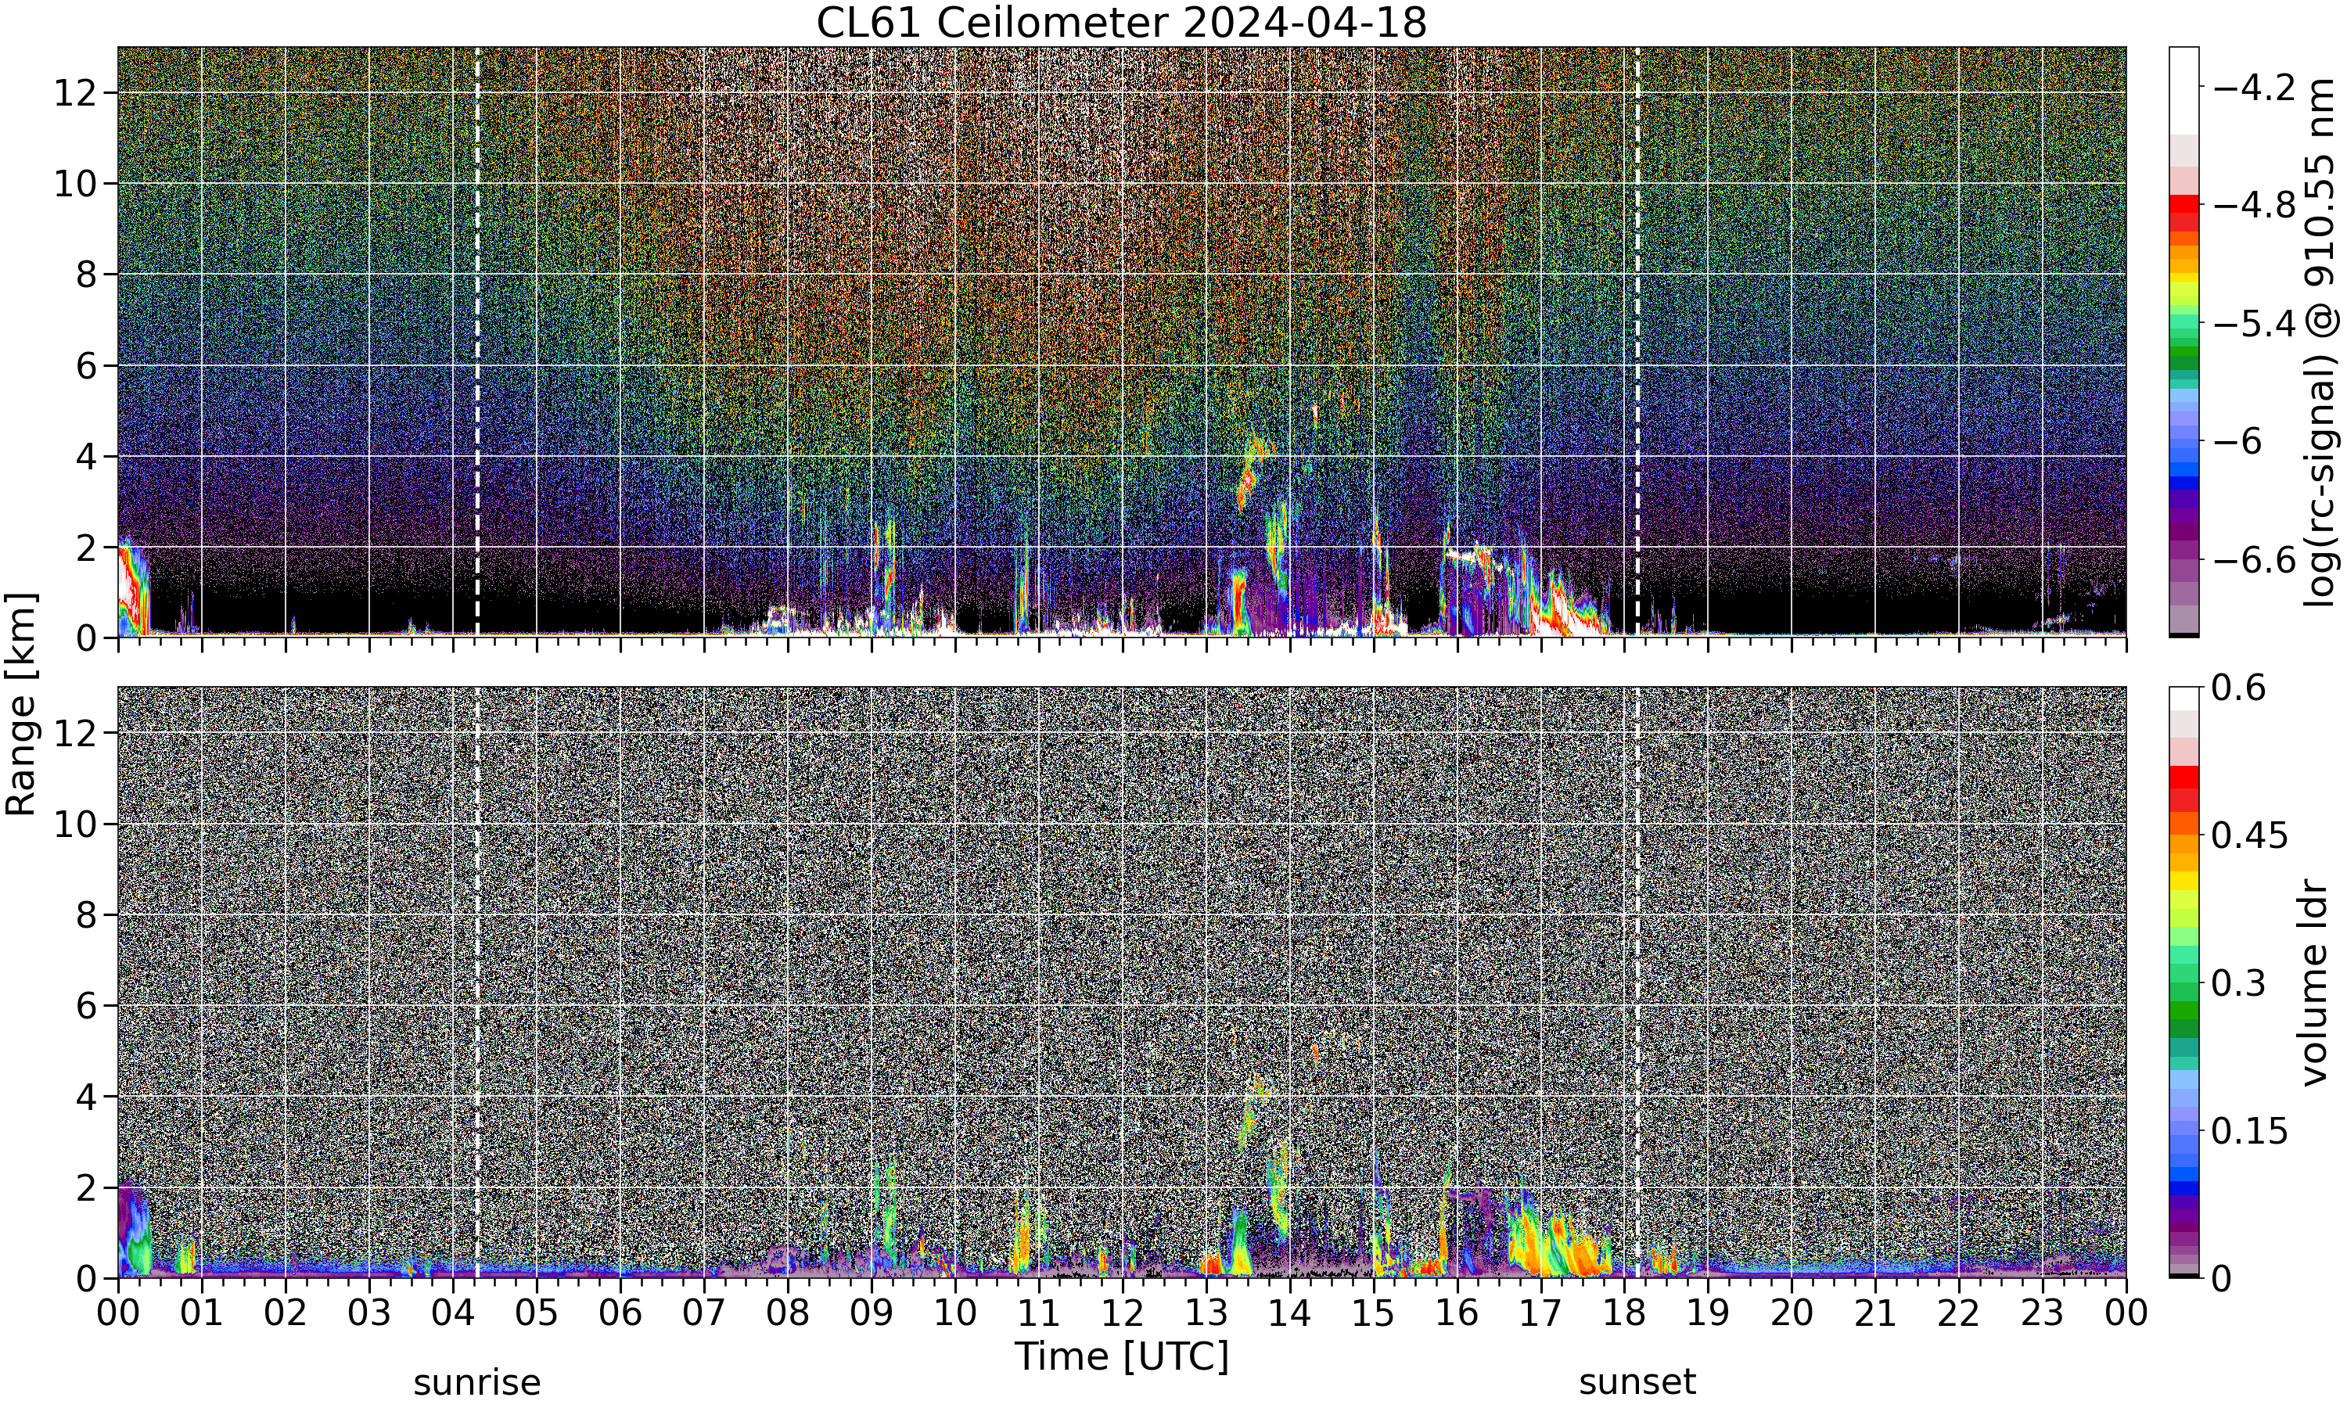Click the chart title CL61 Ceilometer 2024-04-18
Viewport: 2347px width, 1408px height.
1121,23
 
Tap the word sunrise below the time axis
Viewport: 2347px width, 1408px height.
477,1382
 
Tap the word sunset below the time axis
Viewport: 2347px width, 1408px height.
1637,1382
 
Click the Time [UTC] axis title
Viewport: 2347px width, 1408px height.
1121,1357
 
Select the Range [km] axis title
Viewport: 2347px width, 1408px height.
21,704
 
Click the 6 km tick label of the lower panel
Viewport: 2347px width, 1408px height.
85,1006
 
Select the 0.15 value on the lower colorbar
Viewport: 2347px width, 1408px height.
2250,1131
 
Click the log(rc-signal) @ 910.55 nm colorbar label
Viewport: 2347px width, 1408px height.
2320,343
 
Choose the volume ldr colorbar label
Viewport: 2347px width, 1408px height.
2316,983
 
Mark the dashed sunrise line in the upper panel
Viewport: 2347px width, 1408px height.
477,342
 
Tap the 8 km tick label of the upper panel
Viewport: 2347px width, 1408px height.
85,275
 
